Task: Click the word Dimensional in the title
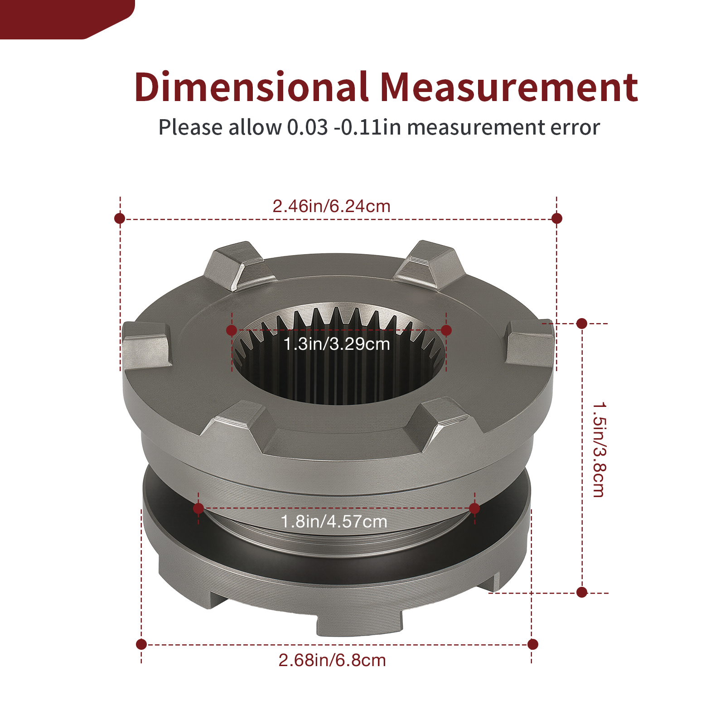(x=251, y=87)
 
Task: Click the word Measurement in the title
(x=509, y=87)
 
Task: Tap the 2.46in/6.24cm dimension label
(x=331, y=206)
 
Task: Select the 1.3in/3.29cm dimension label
(x=337, y=344)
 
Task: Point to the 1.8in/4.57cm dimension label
(x=334, y=522)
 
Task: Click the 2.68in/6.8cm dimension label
(x=332, y=660)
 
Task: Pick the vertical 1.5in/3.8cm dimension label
(x=599, y=449)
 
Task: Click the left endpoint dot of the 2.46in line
(x=120, y=218)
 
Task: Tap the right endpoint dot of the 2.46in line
(x=557, y=218)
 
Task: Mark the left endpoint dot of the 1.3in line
(x=232, y=330)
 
